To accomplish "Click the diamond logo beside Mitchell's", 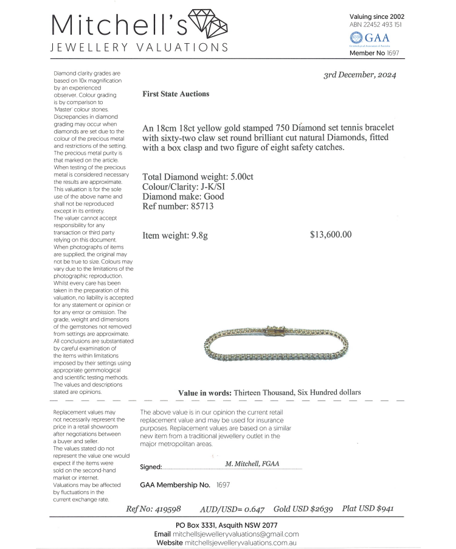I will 209,24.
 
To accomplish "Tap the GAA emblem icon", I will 355,39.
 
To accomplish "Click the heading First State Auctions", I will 176,94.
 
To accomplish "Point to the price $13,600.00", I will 330,235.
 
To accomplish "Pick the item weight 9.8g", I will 196,236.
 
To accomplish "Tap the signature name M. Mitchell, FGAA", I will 252,463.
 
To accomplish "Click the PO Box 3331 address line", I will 227,525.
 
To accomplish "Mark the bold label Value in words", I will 204,393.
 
